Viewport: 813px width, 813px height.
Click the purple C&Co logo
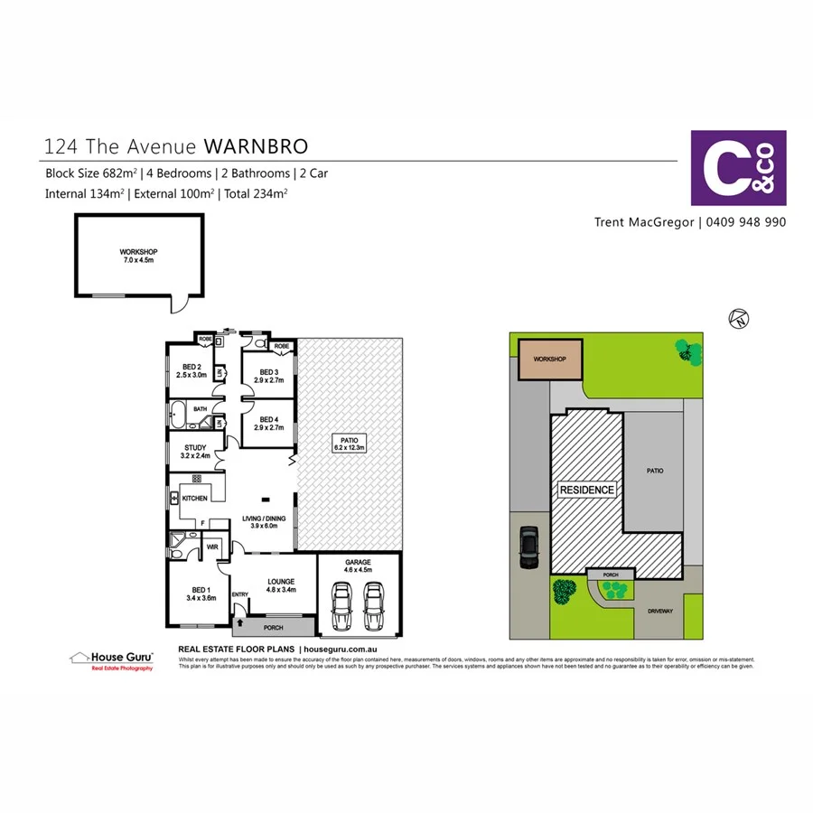(x=738, y=168)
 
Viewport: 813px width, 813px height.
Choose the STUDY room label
(x=195, y=451)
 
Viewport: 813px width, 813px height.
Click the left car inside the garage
(x=342, y=606)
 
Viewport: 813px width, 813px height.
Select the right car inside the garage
(x=373, y=606)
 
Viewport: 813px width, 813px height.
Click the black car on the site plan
(x=528, y=548)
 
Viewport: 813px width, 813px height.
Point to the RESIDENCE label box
(x=586, y=490)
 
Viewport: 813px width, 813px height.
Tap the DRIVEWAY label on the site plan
(x=660, y=612)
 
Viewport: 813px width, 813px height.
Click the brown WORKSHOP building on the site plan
(x=549, y=359)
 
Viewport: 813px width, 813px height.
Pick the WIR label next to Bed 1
(x=213, y=547)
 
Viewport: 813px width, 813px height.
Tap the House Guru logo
(x=112, y=659)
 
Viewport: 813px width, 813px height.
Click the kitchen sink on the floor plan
(x=173, y=497)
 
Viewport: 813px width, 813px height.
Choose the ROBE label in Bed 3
(x=282, y=346)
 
